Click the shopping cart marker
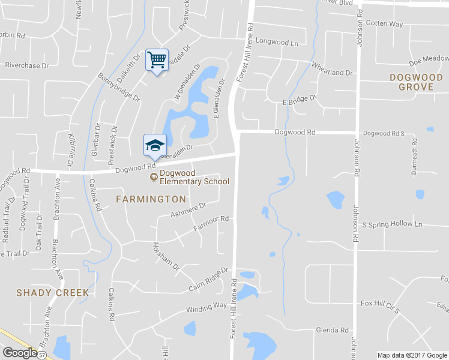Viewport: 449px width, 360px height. (x=157, y=60)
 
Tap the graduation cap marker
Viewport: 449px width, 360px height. (x=155, y=145)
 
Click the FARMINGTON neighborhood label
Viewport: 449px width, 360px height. (x=151, y=199)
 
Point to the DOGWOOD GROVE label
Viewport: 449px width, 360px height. (x=420, y=82)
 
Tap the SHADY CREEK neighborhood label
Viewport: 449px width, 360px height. (x=53, y=293)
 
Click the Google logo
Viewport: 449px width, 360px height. (x=20, y=353)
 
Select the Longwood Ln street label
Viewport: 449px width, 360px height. (x=277, y=43)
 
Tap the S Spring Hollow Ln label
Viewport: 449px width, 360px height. (x=393, y=224)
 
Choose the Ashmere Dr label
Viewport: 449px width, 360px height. (x=188, y=209)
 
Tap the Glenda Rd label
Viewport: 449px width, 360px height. (x=332, y=330)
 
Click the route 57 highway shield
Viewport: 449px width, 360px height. (x=42, y=355)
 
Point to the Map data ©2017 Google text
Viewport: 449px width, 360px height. (x=412, y=355)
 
